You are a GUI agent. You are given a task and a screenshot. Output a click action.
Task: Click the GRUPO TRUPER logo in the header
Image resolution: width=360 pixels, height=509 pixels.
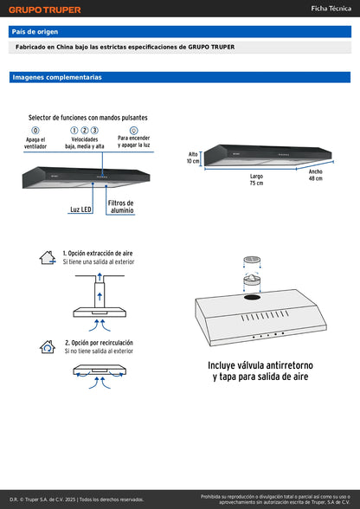[x=44, y=10]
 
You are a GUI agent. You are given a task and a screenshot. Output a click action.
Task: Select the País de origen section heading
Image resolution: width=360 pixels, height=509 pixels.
[x=35, y=31]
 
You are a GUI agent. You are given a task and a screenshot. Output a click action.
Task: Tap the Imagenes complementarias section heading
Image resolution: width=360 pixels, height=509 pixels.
[x=57, y=77]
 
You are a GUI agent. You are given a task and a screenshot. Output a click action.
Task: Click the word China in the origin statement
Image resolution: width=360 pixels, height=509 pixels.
[x=84, y=48]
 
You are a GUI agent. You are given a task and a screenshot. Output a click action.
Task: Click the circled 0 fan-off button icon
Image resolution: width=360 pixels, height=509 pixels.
[x=35, y=130]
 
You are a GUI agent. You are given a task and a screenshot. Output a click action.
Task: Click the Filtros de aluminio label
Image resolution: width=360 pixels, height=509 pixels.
[x=121, y=207]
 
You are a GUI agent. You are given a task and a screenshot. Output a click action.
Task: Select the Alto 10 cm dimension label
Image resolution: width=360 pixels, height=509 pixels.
[x=194, y=158]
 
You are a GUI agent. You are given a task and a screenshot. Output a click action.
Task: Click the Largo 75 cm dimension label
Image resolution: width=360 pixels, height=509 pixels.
[x=256, y=179]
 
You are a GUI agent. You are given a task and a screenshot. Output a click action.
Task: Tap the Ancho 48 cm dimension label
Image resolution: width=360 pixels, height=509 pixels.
[x=315, y=175]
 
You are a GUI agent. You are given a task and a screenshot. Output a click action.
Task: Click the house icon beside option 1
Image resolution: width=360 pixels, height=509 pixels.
[x=48, y=258]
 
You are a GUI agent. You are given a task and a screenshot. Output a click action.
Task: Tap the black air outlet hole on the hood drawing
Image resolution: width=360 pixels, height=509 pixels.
[x=254, y=298]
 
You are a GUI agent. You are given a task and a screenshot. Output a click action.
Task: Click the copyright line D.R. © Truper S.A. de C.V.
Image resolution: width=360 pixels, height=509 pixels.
[x=76, y=499]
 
